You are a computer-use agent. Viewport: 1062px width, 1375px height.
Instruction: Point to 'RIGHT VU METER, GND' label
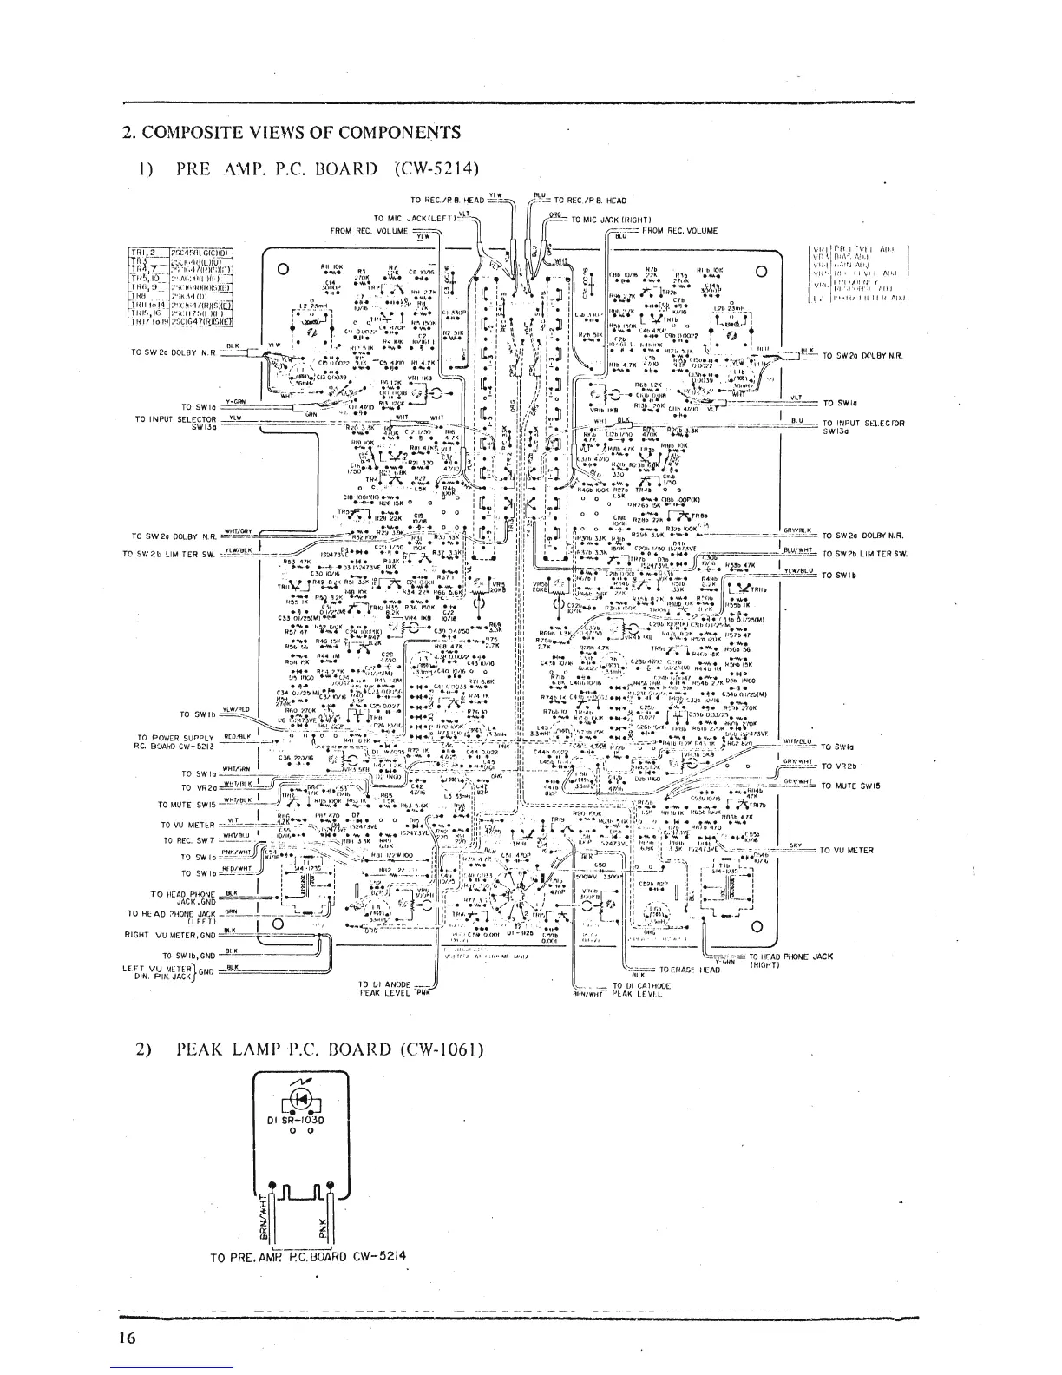click(171, 936)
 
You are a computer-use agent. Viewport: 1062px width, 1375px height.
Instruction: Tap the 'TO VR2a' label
click(199, 788)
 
